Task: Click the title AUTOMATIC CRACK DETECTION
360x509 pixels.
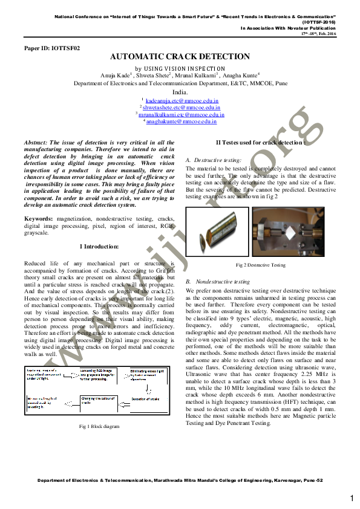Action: pos(180,57)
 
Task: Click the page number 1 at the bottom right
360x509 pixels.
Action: pos(352,498)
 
